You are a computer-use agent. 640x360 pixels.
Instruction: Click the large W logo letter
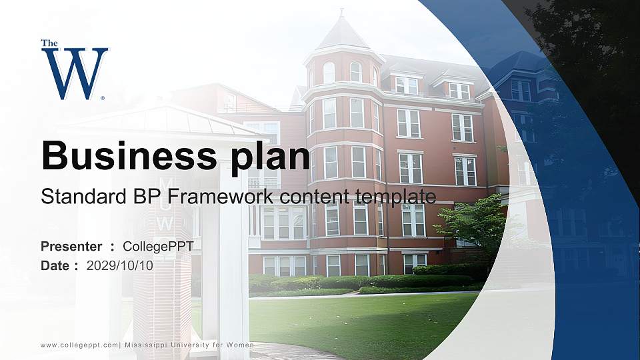pyautogui.click(x=74, y=73)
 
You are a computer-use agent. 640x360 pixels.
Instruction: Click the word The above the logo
pyautogui.click(x=49, y=43)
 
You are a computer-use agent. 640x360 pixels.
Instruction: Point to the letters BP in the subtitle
pyautogui.click(x=127, y=197)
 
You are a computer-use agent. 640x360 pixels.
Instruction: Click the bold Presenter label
pyautogui.click(x=71, y=247)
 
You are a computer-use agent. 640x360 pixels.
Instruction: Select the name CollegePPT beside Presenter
pyautogui.click(x=159, y=247)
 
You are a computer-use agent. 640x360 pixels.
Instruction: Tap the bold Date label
pyautogui.click(x=55, y=265)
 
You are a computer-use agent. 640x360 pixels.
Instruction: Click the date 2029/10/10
pyautogui.click(x=120, y=265)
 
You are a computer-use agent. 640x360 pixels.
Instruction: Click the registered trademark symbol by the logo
pyautogui.click(x=103, y=97)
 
